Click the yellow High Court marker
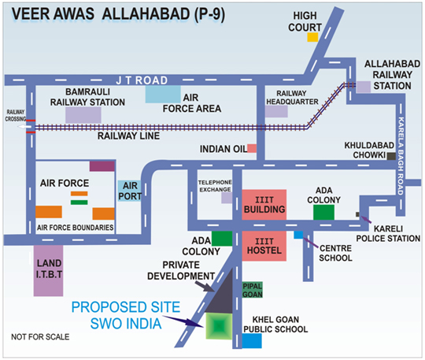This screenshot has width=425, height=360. click(312, 36)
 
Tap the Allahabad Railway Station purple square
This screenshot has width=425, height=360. click(363, 87)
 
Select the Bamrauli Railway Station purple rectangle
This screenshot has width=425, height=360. click(83, 113)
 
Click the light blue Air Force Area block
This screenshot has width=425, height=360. click(161, 92)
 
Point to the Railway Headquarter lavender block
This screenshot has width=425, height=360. click(275, 111)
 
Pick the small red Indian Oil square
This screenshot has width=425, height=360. click(252, 147)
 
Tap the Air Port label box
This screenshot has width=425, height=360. click(130, 190)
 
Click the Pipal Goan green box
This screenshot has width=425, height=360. click(252, 289)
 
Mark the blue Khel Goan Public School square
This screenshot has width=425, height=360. click(252, 340)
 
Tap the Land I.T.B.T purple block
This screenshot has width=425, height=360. click(49, 272)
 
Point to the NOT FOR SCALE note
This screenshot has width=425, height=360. click(39, 337)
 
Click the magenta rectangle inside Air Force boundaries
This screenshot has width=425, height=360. click(101, 166)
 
